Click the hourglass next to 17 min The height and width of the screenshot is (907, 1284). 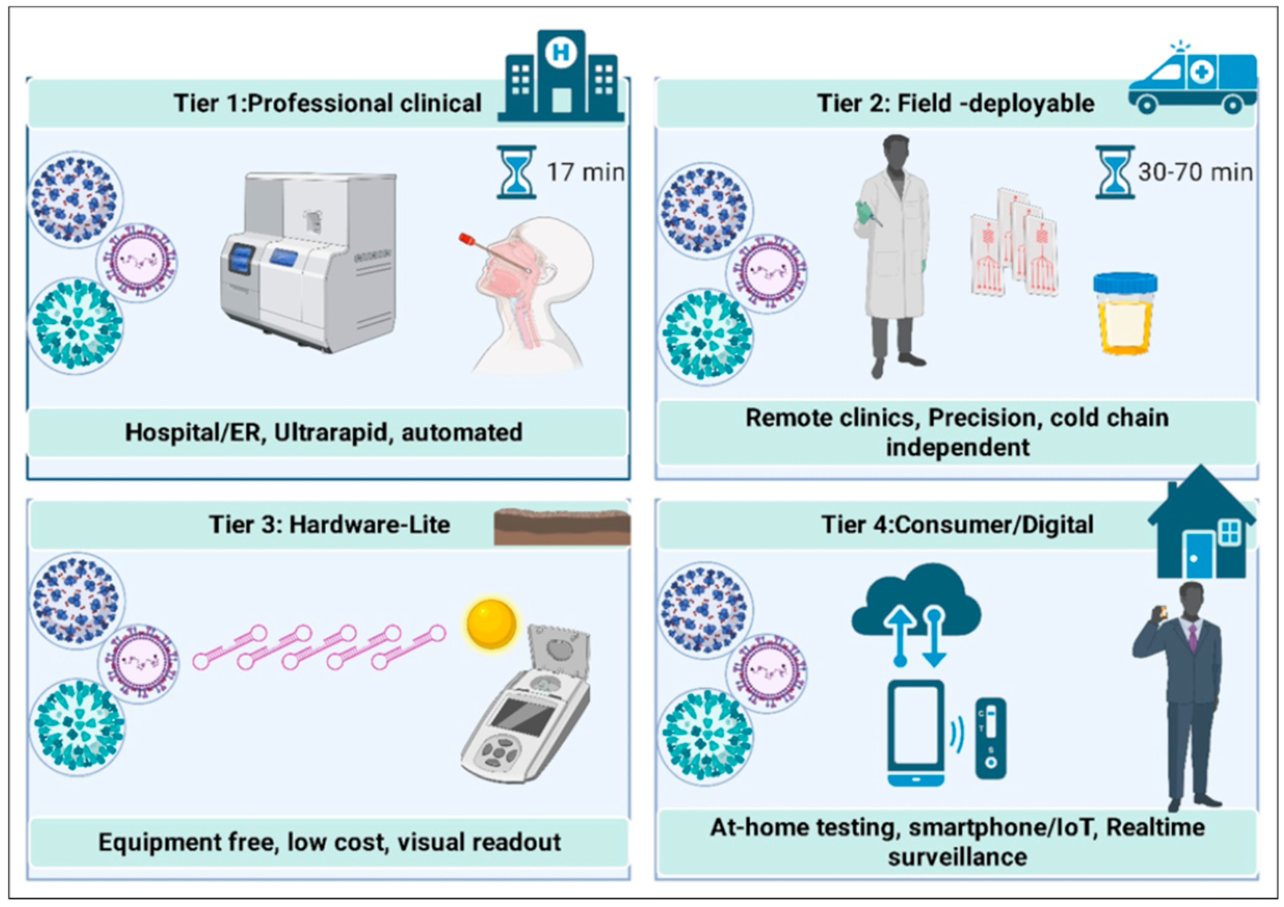tap(516, 172)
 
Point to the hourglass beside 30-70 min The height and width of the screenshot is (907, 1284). tap(1115, 172)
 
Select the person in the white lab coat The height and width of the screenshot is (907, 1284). tap(893, 254)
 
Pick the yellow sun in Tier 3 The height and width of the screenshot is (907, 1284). tap(491, 623)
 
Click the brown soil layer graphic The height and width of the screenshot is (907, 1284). tap(562, 526)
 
